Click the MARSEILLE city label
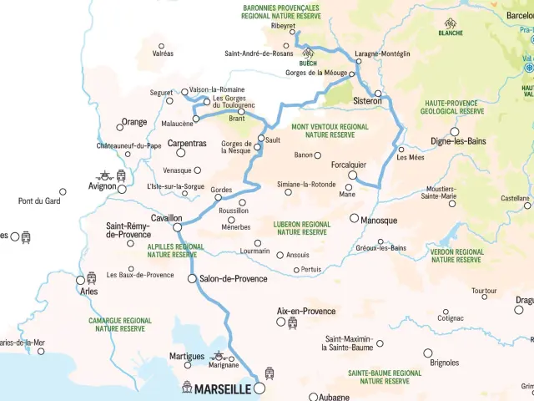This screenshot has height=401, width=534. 223,388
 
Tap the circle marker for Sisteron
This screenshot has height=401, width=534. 377,93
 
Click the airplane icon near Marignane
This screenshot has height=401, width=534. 219,354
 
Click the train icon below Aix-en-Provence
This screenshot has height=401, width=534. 292,322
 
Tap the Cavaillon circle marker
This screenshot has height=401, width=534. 177,226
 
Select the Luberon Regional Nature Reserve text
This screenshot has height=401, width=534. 302,228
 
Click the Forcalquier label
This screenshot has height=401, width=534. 349,165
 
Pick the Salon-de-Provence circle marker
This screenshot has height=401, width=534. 192,278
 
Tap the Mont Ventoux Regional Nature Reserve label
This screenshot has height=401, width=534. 330,130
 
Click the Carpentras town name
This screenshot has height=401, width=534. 187,144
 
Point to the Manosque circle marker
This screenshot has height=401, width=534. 354,218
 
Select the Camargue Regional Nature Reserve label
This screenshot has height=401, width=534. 120,324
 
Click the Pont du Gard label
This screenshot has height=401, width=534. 39,200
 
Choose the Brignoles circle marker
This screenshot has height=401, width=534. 428,353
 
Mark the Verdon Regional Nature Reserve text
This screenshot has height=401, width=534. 457,256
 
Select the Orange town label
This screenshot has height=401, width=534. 134,122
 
